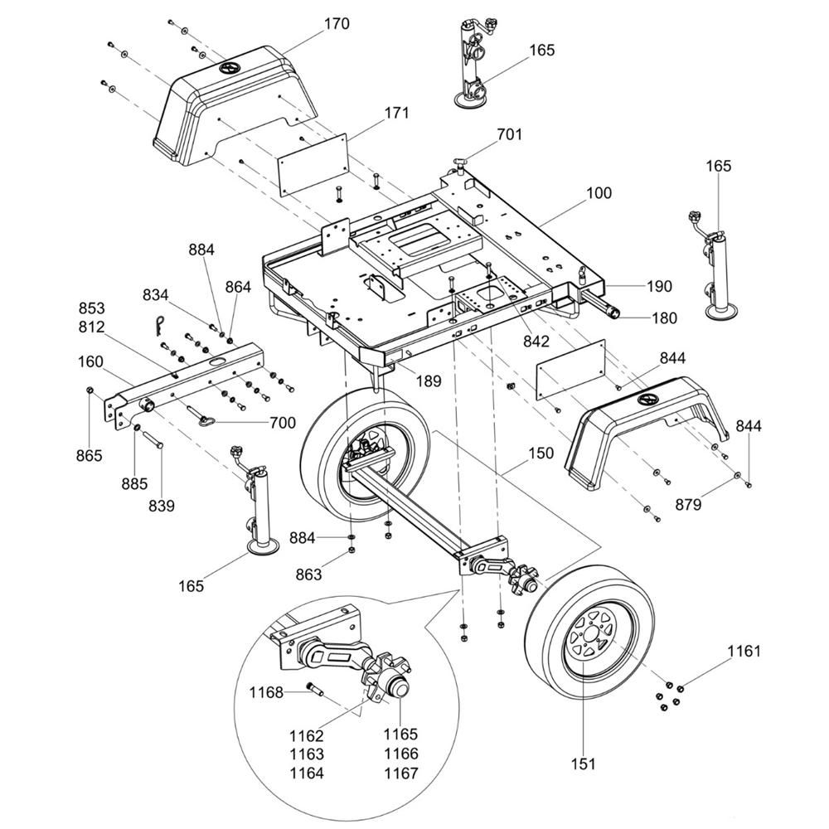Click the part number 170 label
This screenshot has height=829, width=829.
click(x=336, y=24)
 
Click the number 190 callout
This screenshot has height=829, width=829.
click(x=659, y=287)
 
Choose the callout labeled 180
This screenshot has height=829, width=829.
click(x=662, y=318)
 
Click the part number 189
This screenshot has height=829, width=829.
click(x=428, y=382)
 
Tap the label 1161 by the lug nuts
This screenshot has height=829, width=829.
click(x=744, y=652)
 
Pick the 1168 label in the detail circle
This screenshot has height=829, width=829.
click(x=266, y=692)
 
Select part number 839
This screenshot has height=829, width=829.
click(x=161, y=505)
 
